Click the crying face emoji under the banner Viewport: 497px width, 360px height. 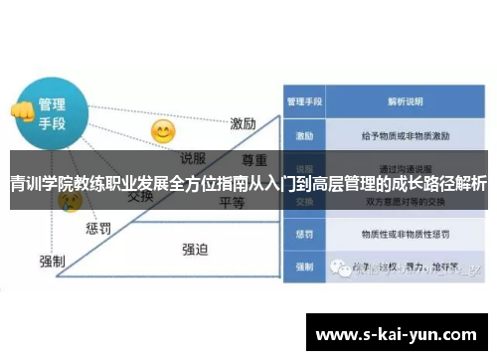point(69,202)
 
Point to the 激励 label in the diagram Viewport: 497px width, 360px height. point(244,123)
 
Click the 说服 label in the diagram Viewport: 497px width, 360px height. point(194,157)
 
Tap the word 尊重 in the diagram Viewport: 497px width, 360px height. point(254,159)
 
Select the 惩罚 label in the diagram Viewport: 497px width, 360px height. point(98,228)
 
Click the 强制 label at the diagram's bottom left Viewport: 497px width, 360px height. point(52,261)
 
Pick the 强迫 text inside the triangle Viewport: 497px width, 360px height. point(195,249)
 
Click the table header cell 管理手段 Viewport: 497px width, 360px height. point(303,101)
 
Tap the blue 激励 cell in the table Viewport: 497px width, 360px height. point(303,133)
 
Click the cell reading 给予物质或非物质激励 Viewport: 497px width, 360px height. point(402,133)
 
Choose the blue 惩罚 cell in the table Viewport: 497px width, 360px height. point(303,235)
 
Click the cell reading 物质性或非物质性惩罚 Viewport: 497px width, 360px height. point(402,235)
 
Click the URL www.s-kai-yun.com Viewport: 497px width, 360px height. point(396,336)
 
